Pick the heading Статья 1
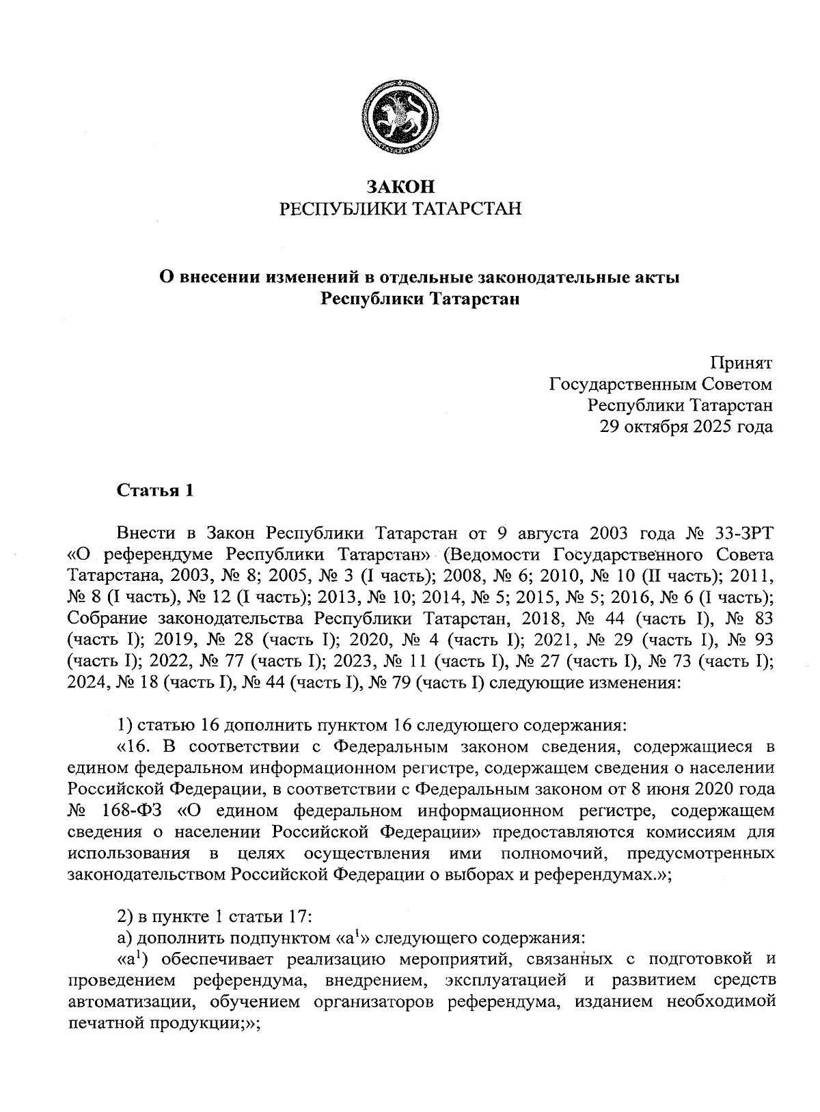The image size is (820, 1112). click(x=155, y=491)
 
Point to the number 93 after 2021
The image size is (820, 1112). click(x=761, y=640)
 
